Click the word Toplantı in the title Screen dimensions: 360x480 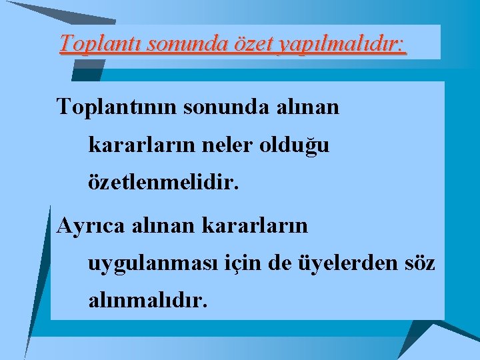[101, 43]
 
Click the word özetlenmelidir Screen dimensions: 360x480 [163, 182]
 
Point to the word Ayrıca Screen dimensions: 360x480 [86, 226]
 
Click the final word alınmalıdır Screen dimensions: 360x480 [147, 301]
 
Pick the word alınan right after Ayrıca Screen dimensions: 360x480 [154, 225]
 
